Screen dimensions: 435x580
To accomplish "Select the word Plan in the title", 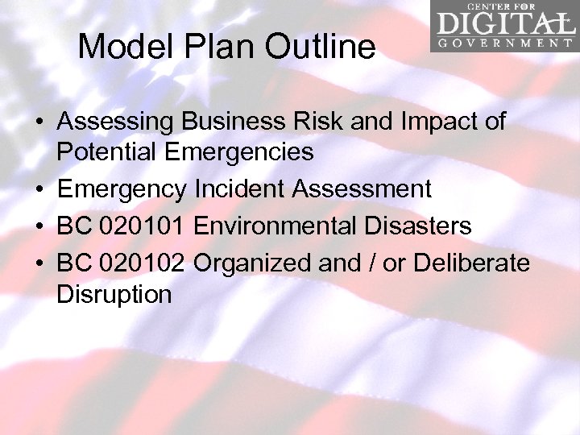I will pos(217,47).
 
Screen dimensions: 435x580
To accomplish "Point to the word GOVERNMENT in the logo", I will pos(505,43).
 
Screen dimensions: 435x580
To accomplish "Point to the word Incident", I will pos(239,190).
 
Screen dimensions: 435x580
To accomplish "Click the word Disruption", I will pos(114,294).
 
